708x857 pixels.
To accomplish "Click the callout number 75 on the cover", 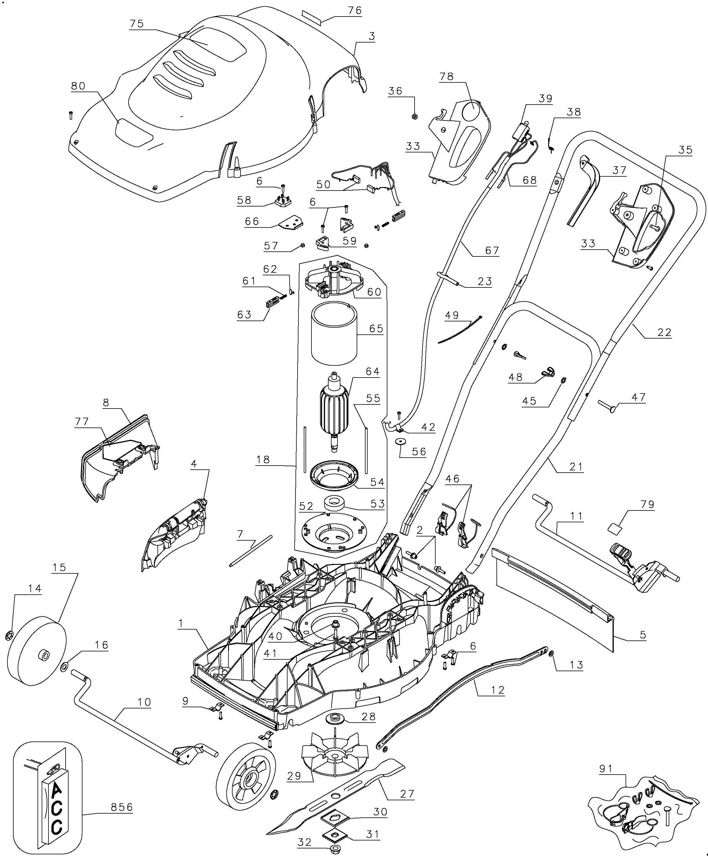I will (x=137, y=24).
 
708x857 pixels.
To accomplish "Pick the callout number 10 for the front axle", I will (x=144, y=702).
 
